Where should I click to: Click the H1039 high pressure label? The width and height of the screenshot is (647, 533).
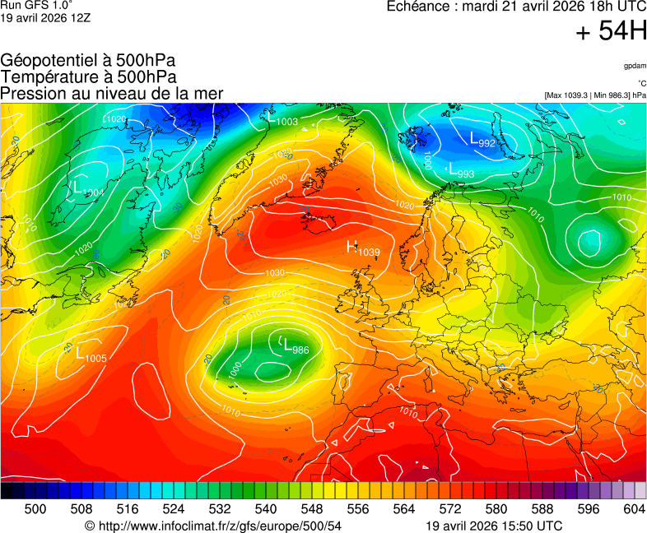363,248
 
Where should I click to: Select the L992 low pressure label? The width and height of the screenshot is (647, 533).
482,141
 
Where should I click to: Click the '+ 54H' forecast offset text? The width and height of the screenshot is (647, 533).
611,32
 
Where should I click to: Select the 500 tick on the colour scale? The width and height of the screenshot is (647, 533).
35,510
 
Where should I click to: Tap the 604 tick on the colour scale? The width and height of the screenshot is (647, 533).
634,510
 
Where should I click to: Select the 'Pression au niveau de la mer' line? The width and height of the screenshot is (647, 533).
112,93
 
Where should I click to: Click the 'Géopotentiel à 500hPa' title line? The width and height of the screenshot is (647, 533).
87,61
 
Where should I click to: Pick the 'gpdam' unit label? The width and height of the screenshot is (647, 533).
635,65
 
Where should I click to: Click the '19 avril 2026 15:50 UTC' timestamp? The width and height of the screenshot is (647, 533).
494,526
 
